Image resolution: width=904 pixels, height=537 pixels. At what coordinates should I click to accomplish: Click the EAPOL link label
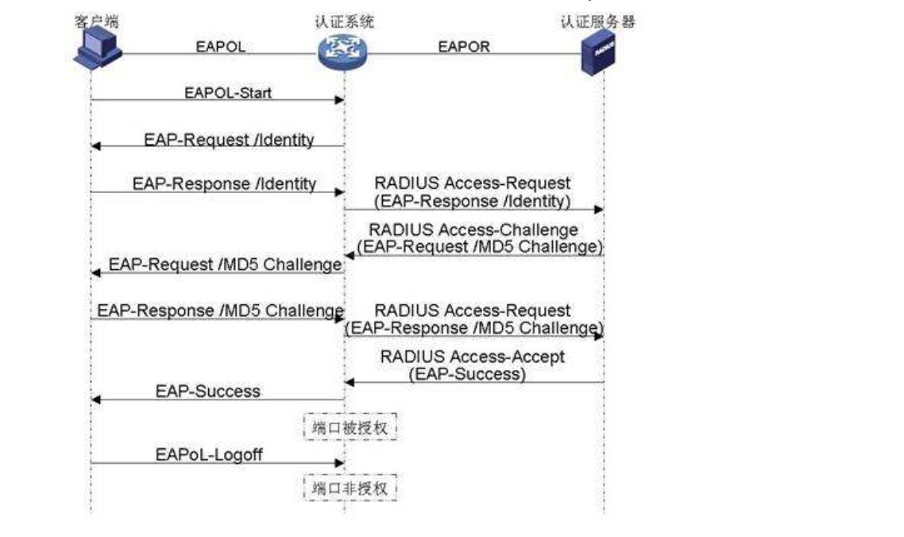pos(221,47)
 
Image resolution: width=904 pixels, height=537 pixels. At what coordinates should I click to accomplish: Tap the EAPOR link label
pos(464,47)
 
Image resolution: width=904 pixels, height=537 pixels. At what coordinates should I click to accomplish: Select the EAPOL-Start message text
pos(227,93)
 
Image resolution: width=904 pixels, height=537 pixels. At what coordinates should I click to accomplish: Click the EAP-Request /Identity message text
pos(229,140)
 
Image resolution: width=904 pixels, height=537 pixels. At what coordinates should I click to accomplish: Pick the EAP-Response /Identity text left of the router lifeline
pos(224,184)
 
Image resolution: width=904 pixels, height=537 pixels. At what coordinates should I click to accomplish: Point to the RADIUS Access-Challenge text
pos(474,230)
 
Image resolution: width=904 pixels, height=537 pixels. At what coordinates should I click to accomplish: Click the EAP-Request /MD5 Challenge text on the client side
pos(226,265)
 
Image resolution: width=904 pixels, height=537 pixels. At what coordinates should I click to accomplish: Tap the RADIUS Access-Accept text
pos(473,357)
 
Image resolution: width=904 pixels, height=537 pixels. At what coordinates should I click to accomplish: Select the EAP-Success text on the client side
pos(207,391)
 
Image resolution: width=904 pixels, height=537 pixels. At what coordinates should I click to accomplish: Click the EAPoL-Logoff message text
pos(209,454)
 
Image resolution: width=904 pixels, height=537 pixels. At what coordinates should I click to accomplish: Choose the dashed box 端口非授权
pos(350,487)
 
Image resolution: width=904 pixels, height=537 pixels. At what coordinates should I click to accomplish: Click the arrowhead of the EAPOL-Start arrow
pos(340,100)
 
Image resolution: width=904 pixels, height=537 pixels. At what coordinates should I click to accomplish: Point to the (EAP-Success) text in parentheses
pos(467,373)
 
